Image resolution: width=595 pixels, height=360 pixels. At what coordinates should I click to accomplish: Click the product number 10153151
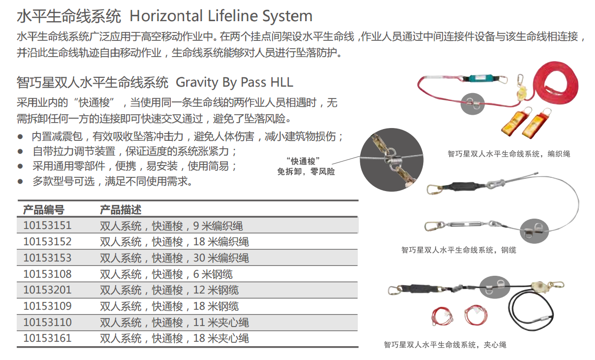47,226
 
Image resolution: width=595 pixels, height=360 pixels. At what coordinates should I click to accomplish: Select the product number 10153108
47,274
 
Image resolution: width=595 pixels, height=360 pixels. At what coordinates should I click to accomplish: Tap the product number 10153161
47,338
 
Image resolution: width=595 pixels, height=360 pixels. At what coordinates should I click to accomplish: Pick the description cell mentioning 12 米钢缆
169,290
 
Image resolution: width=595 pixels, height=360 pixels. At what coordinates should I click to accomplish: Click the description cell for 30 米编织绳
174,258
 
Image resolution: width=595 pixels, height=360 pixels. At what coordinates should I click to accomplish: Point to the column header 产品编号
44,210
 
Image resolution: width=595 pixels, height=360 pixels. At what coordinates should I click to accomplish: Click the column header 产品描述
120,210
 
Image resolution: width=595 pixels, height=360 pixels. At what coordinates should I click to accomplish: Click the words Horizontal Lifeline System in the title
221,16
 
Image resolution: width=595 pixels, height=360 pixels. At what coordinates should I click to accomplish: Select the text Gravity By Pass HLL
235,82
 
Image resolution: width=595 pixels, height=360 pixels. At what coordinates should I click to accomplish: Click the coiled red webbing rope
555,81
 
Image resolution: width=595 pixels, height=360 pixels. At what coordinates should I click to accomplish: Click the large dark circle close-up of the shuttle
392,160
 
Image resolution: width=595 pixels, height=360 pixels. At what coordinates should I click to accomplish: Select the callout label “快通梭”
303,161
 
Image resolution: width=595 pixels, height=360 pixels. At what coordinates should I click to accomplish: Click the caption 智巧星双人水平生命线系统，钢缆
459,250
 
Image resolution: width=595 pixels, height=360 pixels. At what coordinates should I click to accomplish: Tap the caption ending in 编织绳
509,154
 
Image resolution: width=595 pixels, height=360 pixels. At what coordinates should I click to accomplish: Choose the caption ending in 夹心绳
445,345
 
